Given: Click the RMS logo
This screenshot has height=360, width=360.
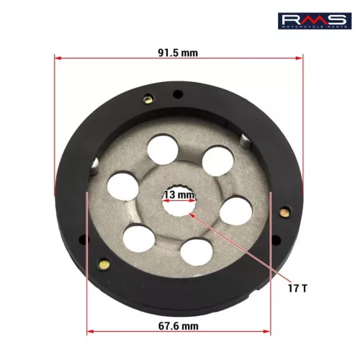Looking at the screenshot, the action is (315, 21).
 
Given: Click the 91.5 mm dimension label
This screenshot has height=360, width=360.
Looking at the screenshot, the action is (178, 53).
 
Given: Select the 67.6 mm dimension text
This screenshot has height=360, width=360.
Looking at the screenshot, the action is (179, 326).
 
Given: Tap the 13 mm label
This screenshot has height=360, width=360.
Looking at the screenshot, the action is (179, 194).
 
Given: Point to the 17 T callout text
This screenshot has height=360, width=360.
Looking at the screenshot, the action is (297, 288).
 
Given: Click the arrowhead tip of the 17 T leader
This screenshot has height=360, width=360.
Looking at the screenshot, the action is (189, 213).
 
